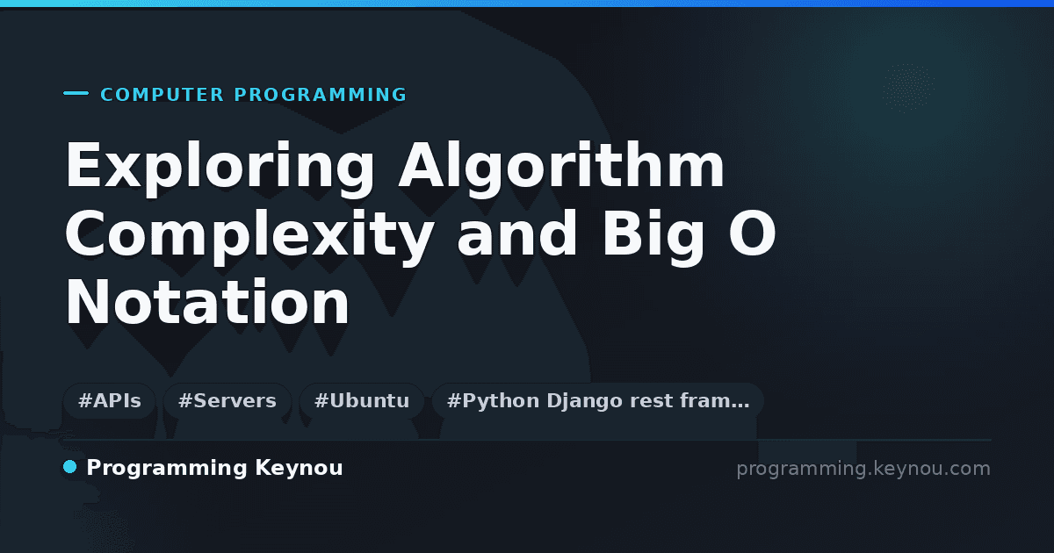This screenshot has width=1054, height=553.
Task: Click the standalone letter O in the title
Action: pyautogui.click(x=752, y=233)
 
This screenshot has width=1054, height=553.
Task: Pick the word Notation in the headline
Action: pyautogui.click(x=207, y=302)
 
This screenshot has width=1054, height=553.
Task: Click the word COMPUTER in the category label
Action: pyautogui.click(x=162, y=95)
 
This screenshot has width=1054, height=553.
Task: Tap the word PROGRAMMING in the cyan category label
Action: pyautogui.click(x=321, y=95)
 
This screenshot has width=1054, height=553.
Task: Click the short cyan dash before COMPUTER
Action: pyautogui.click(x=76, y=93)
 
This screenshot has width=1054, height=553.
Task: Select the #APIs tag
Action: pyautogui.click(x=110, y=401)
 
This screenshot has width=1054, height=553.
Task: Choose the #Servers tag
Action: pyautogui.click(x=227, y=401)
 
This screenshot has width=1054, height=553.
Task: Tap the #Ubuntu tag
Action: pyautogui.click(x=362, y=401)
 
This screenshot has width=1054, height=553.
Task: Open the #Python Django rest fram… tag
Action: pyautogui.click(x=597, y=401)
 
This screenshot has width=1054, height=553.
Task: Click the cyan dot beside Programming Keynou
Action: pyautogui.click(x=69, y=467)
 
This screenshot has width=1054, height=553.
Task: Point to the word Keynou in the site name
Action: pyautogui.click(x=299, y=469)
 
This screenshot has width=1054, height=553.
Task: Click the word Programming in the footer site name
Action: pyautogui.click(x=167, y=469)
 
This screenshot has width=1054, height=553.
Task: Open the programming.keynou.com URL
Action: pyautogui.click(x=863, y=469)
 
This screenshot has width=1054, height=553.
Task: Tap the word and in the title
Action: pyautogui.click(x=517, y=233)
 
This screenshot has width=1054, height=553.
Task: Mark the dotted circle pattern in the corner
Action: pyautogui.click(x=908, y=88)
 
